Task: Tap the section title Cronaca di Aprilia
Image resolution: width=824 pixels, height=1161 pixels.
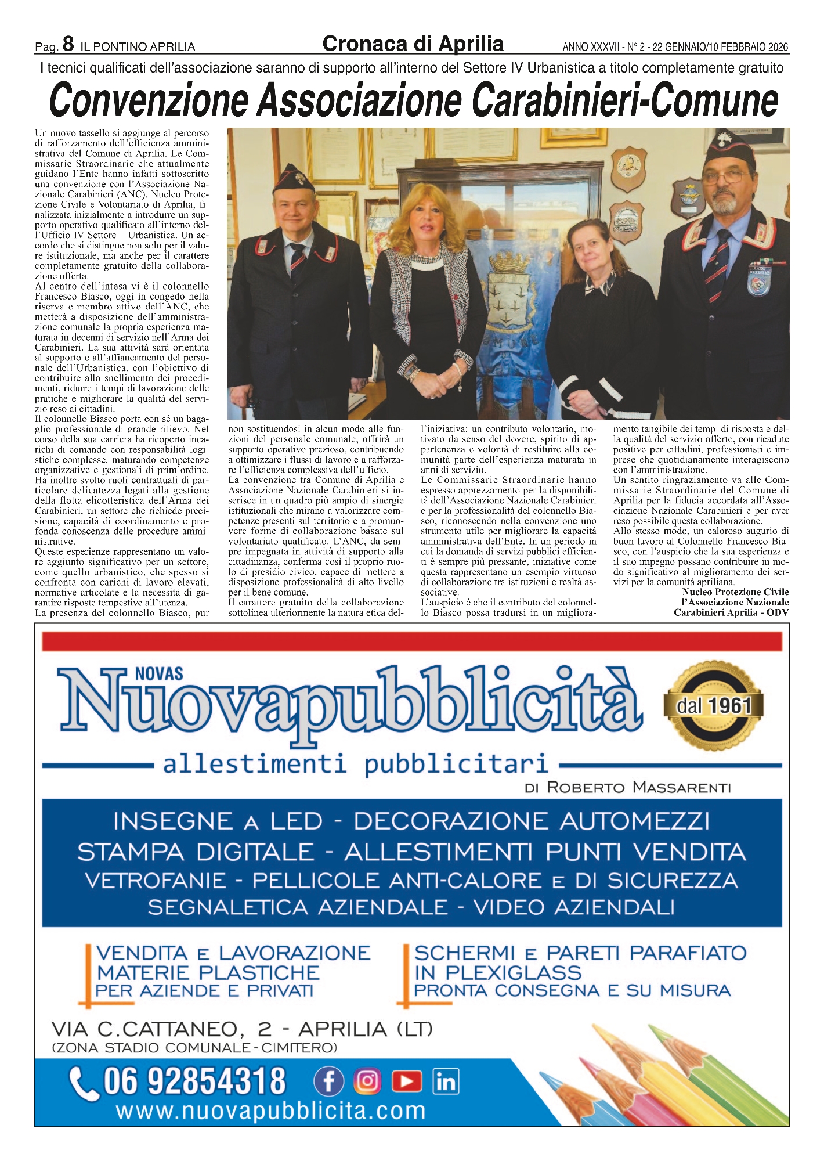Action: click(x=413, y=44)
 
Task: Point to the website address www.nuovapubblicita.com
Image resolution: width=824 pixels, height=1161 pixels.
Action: click(x=270, y=1111)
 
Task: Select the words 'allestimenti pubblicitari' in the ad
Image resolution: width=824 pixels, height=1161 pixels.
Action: click(x=355, y=764)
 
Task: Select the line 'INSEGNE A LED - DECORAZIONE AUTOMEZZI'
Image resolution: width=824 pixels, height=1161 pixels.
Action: click(x=411, y=821)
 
